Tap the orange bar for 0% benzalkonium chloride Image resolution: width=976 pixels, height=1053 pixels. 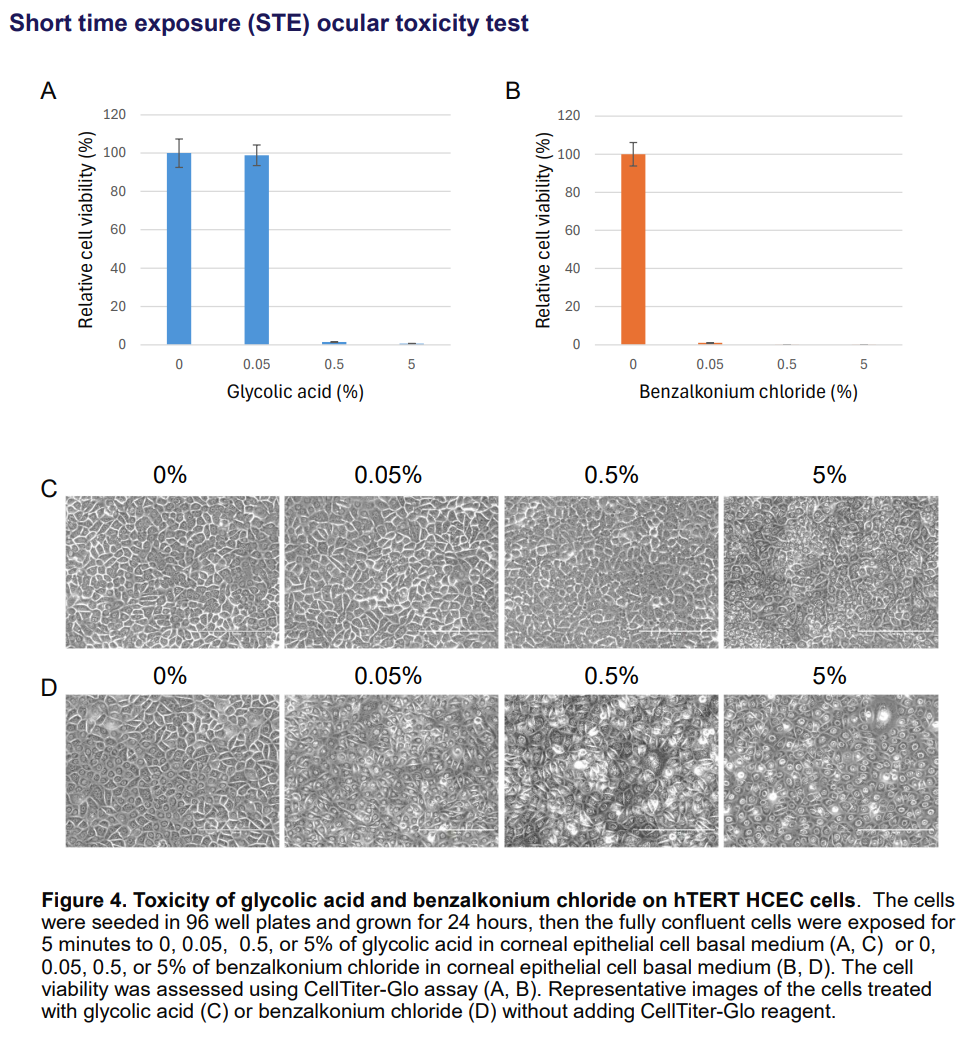(x=633, y=249)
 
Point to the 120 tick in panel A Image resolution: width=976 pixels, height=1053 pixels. (x=115, y=115)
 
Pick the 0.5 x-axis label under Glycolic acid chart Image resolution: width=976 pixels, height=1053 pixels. (x=334, y=365)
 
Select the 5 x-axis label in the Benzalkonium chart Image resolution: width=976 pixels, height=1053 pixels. (x=863, y=365)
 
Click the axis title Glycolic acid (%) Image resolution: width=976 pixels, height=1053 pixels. (x=295, y=392)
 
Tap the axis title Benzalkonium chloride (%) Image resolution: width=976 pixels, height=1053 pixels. (x=748, y=392)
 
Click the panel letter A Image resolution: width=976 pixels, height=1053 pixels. (x=48, y=93)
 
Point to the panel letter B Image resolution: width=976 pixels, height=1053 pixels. (x=513, y=93)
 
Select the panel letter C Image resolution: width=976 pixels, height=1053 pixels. (x=48, y=489)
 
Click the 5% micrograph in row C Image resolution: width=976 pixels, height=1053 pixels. (x=830, y=571)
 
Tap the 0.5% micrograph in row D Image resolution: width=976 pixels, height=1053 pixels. (x=610, y=771)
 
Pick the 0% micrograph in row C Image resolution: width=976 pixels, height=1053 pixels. (x=171, y=571)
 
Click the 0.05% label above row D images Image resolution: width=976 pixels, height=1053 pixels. (x=388, y=676)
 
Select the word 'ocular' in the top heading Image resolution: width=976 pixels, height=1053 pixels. (x=353, y=23)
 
